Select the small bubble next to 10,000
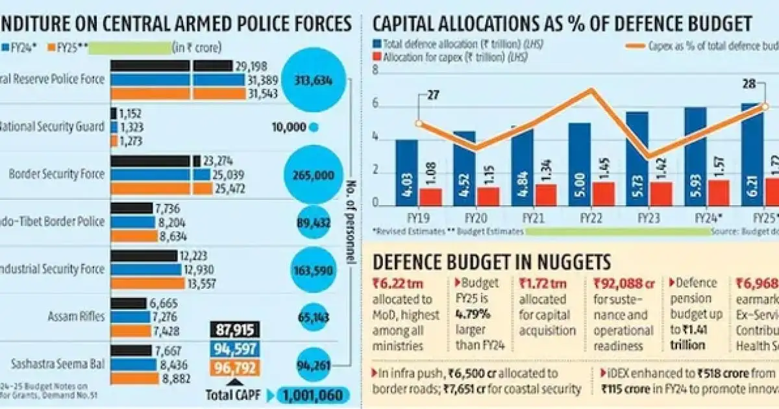pos(314,127)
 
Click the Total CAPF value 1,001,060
pos(314,395)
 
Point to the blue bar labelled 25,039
pos(160,175)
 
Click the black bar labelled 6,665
pos(128,303)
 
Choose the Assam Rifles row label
pos(75,317)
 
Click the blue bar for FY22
pos(579,164)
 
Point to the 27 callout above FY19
pos(433,94)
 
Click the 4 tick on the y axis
pos(375,138)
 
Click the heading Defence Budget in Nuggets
pos(491,262)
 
